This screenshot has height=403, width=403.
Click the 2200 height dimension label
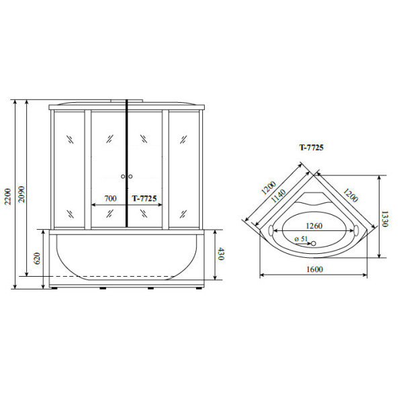tap(8, 197)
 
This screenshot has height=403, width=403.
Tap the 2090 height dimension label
tap(21, 194)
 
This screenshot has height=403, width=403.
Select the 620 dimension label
tap(37, 259)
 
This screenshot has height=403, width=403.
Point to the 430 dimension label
tap(221, 254)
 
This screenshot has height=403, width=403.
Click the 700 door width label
tap(110, 198)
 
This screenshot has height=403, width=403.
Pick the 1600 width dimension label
tap(314, 269)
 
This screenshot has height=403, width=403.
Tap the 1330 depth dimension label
tap(384, 219)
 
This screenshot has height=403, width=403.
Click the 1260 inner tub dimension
tap(314, 226)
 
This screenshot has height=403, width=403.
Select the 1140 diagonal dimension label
tap(279, 196)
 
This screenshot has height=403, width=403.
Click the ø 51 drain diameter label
tap(301, 238)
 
